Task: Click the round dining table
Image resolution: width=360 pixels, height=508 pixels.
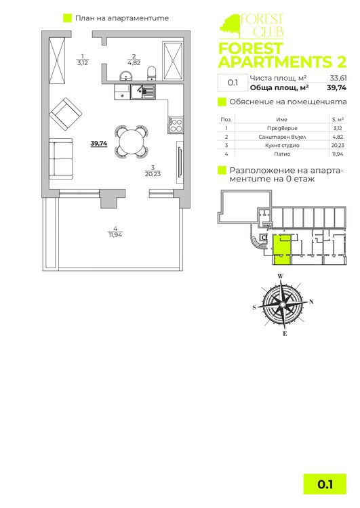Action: pyautogui.click(x=132, y=142)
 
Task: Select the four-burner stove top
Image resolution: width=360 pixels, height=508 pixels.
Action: pyautogui.click(x=176, y=125)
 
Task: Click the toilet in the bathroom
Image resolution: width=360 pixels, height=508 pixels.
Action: pyautogui.click(x=151, y=73)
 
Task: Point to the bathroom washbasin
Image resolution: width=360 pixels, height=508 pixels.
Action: pyautogui.click(x=125, y=76)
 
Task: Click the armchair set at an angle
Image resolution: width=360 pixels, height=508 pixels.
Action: pyautogui.click(x=65, y=114)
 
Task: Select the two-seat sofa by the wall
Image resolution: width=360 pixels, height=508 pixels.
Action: pyautogui.click(x=60, y=158)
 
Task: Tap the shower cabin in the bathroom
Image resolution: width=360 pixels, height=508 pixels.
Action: pyautogui.click(x=173, y=61)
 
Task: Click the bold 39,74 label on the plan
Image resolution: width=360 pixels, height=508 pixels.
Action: pyautogui.click(x=99, y=143)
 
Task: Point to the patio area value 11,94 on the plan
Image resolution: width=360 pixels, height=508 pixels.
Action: pyautogui.click(x=115, y=235)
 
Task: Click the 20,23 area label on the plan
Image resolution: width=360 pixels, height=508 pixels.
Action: pyautogui.click(x=153, y=174)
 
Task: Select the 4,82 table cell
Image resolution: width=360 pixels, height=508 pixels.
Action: pyautogui.click(x=338, y=137)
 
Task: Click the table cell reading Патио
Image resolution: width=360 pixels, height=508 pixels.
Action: pyautogui.click(x=282, y=154)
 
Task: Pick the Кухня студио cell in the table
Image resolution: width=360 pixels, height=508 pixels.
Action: pyautogui.click(x=282, y=146)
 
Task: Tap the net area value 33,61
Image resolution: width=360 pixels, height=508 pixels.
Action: pyautogui.click(x=338, y=78)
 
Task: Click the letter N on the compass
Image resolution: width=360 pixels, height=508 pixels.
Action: pyautogui.click(x=311, y=301)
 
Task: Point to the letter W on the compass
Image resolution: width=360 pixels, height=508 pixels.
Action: pyautogui.click(x=281, y=276)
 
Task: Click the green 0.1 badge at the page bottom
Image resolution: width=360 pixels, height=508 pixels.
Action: pyautogui.click(x=325, y=484)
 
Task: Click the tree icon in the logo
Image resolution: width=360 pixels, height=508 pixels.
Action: pyautogui.click(x=231, y=26)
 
